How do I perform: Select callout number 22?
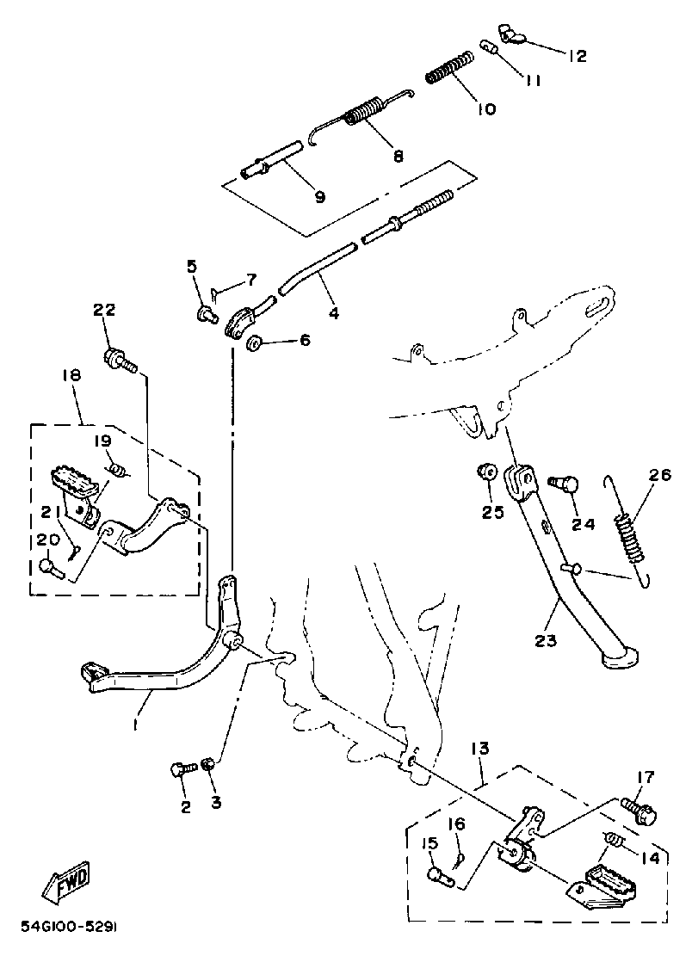[x=104, y=310]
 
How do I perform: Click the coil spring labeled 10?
[x=449, y=67]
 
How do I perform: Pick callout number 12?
[x=576, y=56]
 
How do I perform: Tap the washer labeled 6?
[x=255, y=344]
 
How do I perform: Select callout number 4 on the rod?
[x=333, y=314]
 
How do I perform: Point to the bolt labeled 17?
[x=636, y=810]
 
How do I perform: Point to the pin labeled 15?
[x=440, y=875]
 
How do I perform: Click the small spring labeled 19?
[x=120, y=469]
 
